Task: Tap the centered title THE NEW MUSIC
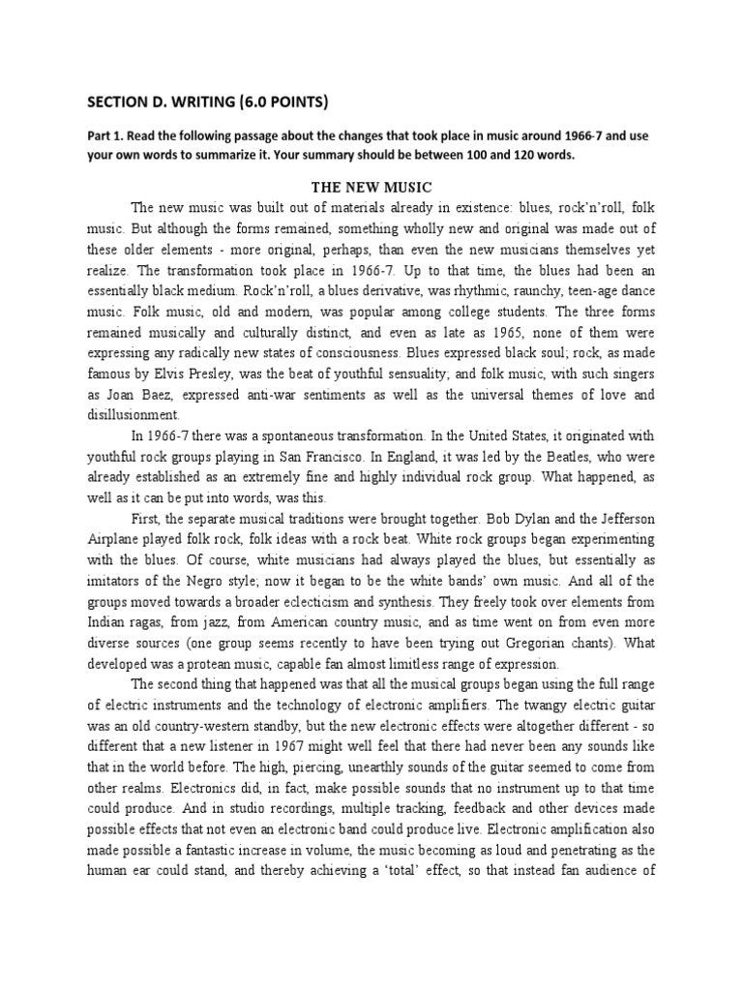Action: tap(371, 186)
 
